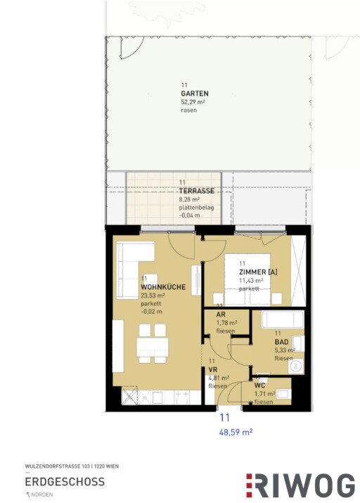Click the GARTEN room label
[195, 94]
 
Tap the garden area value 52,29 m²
[193, 102]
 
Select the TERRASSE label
[196, 191]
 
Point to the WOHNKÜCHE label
[163, 287]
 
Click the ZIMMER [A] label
[258, 272]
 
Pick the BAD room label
[281, 342]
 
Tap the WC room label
[259, 386]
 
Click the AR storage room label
[221, 314]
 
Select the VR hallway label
[213, 370]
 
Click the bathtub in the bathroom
[283, 319]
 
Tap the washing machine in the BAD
[296, 367]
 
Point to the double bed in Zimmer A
[247, 279]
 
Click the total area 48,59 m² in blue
[236, 432]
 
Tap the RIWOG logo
[300, 485]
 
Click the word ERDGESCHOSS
[65, 481]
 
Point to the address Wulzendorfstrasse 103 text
[58, 466]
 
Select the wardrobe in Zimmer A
[298, 270]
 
